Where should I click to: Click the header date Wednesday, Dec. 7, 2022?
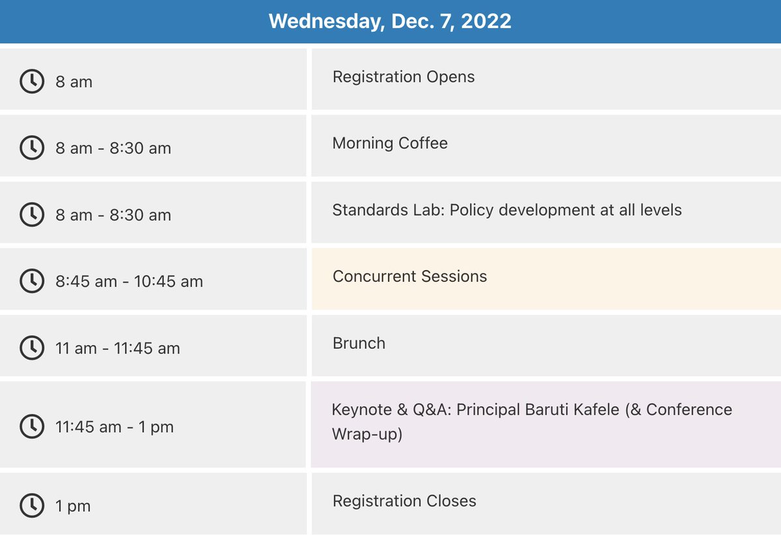pyautogui.click(x=390, y=21)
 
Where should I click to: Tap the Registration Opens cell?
pyautogui.click(x=404, y=77)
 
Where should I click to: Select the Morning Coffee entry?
pyautogui.click(x=390, y=143)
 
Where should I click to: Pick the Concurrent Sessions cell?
pyautogui.click(x=409, y=276)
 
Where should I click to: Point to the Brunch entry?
pyautogui.click(x=359, y=343)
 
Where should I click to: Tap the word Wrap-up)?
pyautogui.click(x=367, y=433)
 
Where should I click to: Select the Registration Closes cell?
pyautogui.click(x=404, y=501)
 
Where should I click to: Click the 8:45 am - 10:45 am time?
pyautogui.click(x=129, y=282)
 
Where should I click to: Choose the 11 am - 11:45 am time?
pyautogui.click(x=117, y=348)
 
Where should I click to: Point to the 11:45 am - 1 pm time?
pyautogui.click(x=114, y=427)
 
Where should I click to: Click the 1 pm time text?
pyautogui.click(x=73, y=506)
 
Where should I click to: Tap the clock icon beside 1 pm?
pyautogui.click(x=31, y=505)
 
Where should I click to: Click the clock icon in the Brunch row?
pyautogui.click(x=31, y=348)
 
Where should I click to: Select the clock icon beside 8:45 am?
pyautogui.click(x=31, y=281)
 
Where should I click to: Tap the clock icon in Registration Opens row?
pyautogui.click(x=31, y=81)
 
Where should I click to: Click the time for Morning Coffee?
pyautogui.click(x=113, y=148)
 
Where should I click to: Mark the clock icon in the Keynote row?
pyautogui.click(x=31, y=426)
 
